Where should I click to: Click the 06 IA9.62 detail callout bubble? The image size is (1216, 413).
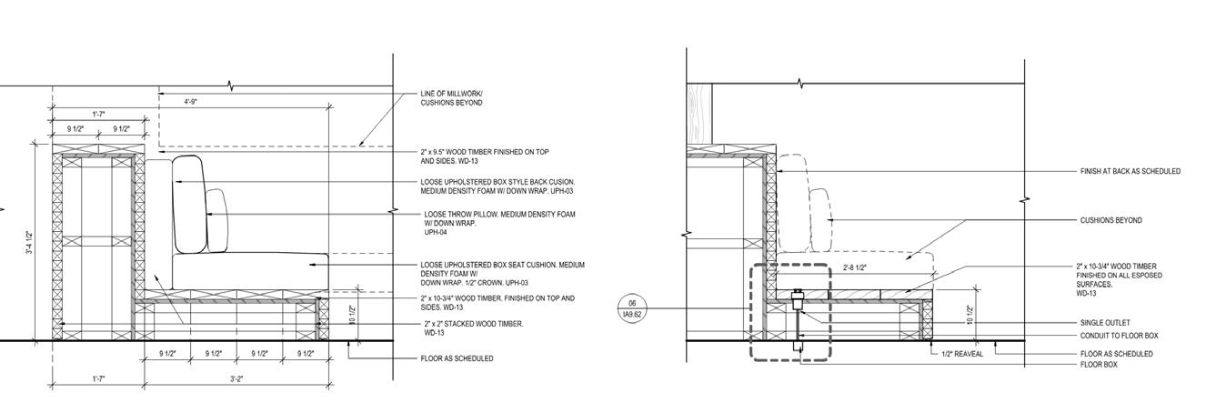[631, 308]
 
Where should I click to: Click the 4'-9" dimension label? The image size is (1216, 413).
[191, 102]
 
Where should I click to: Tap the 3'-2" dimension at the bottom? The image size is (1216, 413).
[236, 378]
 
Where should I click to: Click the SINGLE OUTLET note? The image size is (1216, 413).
[1105, 323]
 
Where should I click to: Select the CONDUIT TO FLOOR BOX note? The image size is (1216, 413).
[1119, 336]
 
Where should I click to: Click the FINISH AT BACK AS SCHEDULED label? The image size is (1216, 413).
[1130, 171]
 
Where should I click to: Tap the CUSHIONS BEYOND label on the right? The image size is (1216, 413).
[1110, 220]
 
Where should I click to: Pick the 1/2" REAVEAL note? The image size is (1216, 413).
[962, 354]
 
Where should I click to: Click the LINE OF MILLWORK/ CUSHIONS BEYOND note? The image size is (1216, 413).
[452, 98]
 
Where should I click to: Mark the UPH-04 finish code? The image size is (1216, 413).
[436, 233]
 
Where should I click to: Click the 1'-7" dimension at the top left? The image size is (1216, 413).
[98, 114]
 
